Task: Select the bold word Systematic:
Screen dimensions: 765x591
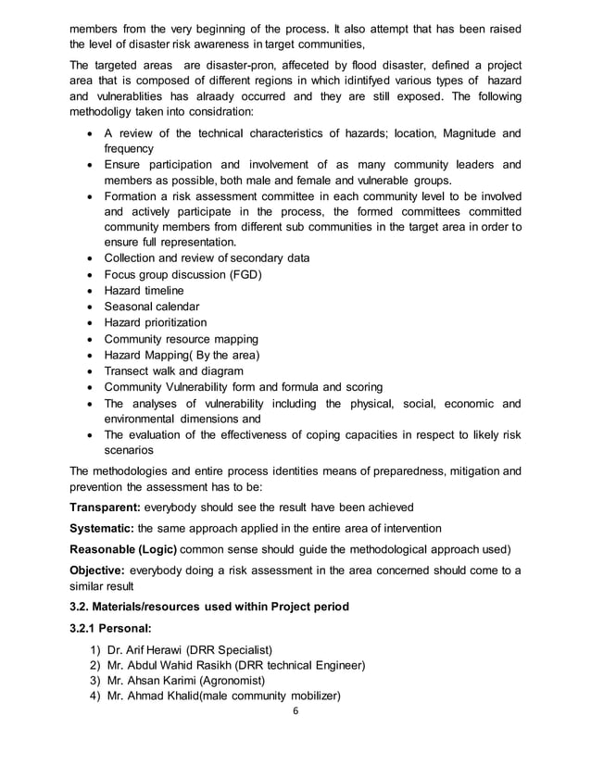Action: (x=102, y=530)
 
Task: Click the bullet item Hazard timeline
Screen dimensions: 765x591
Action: (x=144, y=290)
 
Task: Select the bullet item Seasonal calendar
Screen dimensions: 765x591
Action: (x=151, y=306)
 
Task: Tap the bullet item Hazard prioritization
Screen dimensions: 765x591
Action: (x=155, y=322)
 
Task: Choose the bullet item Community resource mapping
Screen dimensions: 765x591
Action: (x=181, y=339)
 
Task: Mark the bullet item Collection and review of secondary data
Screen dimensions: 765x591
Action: (x=206, y=257)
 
